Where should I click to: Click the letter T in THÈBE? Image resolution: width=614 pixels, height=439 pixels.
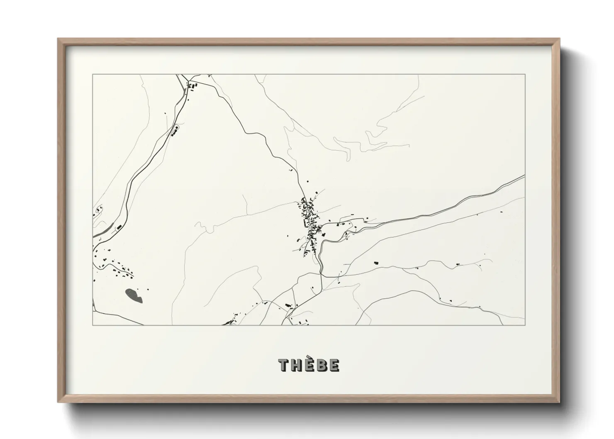click(x=284, y=365)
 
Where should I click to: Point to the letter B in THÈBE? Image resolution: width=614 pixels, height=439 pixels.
click(x=322, y=365)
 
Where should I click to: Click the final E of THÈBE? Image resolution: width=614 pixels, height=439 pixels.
click(x=334, y=365)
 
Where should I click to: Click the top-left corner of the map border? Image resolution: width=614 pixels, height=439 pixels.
click(x=93, y=75)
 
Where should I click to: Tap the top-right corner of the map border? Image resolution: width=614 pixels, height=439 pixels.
click(x=525, y=75)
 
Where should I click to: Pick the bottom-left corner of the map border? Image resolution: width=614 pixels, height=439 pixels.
click(x=93, y=325)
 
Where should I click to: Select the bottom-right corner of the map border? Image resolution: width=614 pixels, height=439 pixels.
click(x=525, y=325)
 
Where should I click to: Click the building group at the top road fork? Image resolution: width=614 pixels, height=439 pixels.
click(x=192, y=86)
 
